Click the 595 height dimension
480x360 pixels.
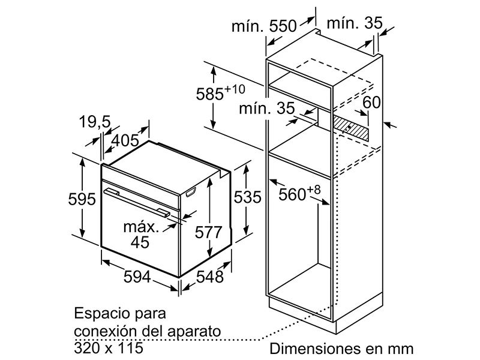82,199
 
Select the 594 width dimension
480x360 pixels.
137,277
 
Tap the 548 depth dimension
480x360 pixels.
209,277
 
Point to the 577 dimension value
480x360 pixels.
208,232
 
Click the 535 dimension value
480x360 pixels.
247,197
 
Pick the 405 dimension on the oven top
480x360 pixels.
125,140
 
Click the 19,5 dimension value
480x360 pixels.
95,122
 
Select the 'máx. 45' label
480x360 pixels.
141,234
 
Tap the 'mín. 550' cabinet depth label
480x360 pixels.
264,26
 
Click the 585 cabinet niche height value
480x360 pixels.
220,93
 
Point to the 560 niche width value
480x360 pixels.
299,193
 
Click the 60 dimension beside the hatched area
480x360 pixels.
371,102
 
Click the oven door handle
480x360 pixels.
137,202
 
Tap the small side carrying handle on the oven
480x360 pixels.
190,193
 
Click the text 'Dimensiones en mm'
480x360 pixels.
341,349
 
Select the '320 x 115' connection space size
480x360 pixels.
109,347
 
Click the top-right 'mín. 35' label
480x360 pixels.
355,23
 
